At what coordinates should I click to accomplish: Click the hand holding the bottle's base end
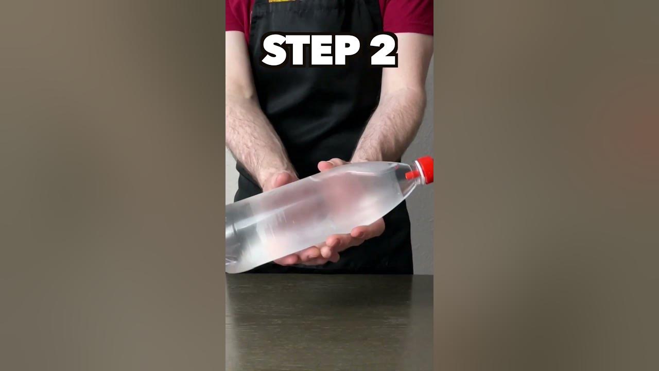(278, 180)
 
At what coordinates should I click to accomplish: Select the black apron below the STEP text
(319, 113)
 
